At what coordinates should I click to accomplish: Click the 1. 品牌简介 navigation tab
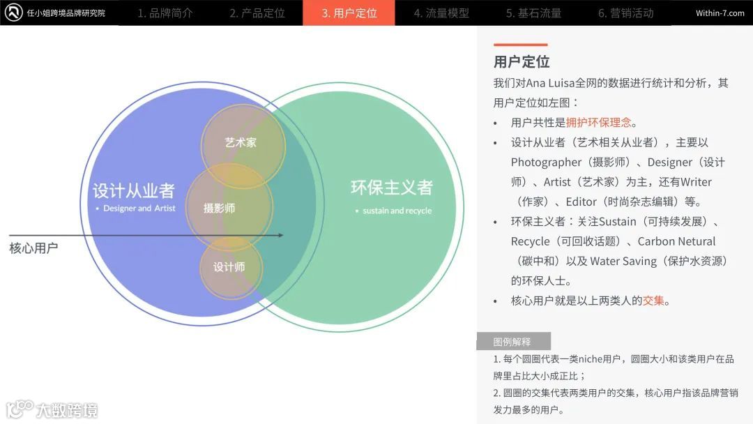(x=165, y=13)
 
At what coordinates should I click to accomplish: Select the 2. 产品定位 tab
(x=257, y=13)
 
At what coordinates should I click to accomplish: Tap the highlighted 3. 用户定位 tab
(x=349, y=13)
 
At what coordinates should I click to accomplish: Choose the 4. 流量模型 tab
(x=441, y=13)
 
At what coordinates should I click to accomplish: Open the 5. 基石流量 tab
(x=533, y=13)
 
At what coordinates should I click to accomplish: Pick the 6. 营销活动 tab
(x=625, y=13)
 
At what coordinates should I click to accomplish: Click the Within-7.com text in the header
(x=720, y=13)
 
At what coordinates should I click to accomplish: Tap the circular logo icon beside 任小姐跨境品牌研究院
(x=13, y=13)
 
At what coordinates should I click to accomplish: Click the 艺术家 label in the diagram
(x=241, y=142)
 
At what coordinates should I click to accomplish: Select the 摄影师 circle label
(x=219, y=208)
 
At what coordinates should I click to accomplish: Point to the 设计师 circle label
(x=229, y=267)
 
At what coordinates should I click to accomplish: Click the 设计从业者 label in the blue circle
(x=133, y=190)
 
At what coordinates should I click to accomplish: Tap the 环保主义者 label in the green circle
(x=391, y=187)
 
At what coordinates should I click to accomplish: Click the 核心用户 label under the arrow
(x=33, y=248)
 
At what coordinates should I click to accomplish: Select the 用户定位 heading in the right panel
(x=522, y=61)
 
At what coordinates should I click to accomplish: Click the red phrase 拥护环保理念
(x=598, y=122)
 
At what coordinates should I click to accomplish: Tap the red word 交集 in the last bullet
(x=653, y=301)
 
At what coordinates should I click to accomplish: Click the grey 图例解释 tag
(x=512, y=342)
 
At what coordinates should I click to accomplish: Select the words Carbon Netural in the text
(x=676, y=241)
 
